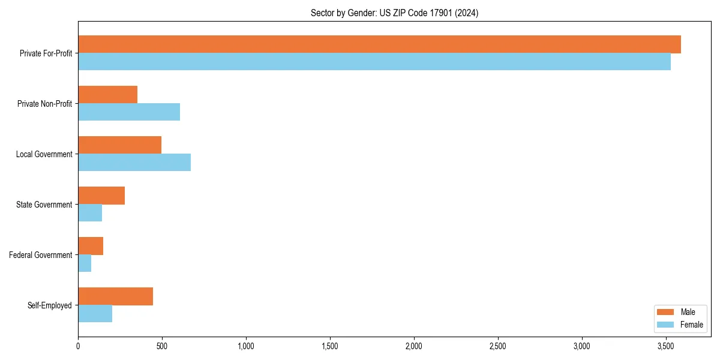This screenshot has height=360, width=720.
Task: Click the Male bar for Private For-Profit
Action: tap(379, 44)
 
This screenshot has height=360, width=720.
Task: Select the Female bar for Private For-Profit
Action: tap(374, 62)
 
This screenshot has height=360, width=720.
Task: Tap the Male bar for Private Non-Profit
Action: tap(108, 95)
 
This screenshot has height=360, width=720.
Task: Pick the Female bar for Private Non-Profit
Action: tap(129, 112)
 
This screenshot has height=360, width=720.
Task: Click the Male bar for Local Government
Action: tap(120, 145)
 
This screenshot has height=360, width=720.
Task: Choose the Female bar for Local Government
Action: tap(134, 163)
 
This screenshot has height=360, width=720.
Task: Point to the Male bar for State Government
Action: tap(101, 196)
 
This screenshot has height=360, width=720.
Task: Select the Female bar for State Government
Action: tap(90, 213)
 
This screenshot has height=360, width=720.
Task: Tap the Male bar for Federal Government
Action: tap(91, 246)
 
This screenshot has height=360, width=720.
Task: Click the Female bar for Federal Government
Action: tap(85, 263)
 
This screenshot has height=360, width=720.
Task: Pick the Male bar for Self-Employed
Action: tap(115, 296)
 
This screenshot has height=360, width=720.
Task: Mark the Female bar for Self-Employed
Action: tap(95, 314)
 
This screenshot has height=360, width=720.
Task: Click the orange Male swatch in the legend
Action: tap(666, 312)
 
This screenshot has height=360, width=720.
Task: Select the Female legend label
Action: tap(692, 325)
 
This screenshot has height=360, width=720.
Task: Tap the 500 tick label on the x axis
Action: tap(162, 346)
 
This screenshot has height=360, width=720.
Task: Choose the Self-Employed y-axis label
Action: tap(49, 305)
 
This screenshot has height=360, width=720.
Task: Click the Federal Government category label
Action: tap(41, 255)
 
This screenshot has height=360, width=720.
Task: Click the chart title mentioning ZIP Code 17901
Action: tap(394, 13)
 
